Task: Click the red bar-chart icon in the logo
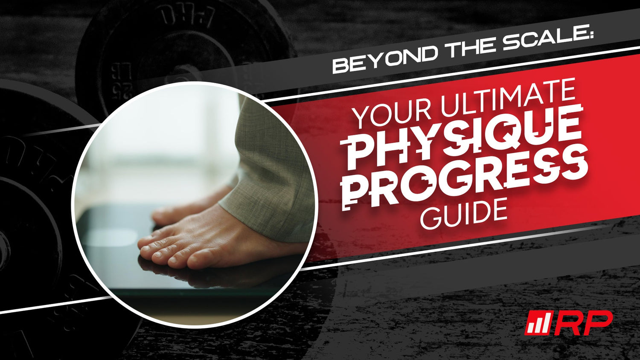538,323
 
